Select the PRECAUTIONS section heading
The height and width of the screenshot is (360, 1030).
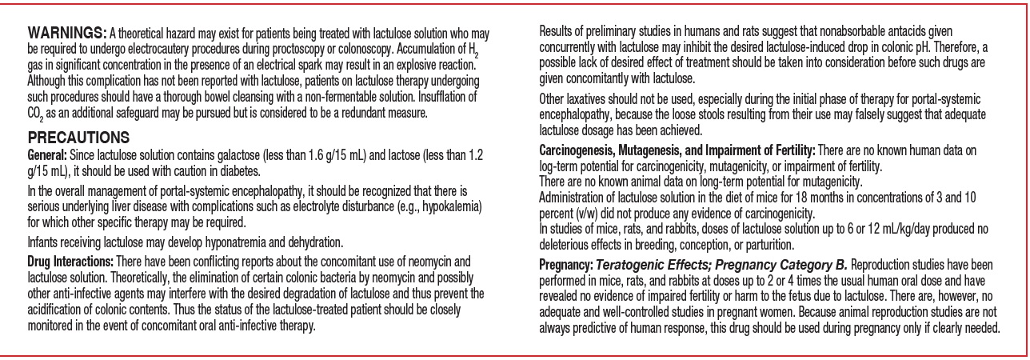point(74,137)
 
